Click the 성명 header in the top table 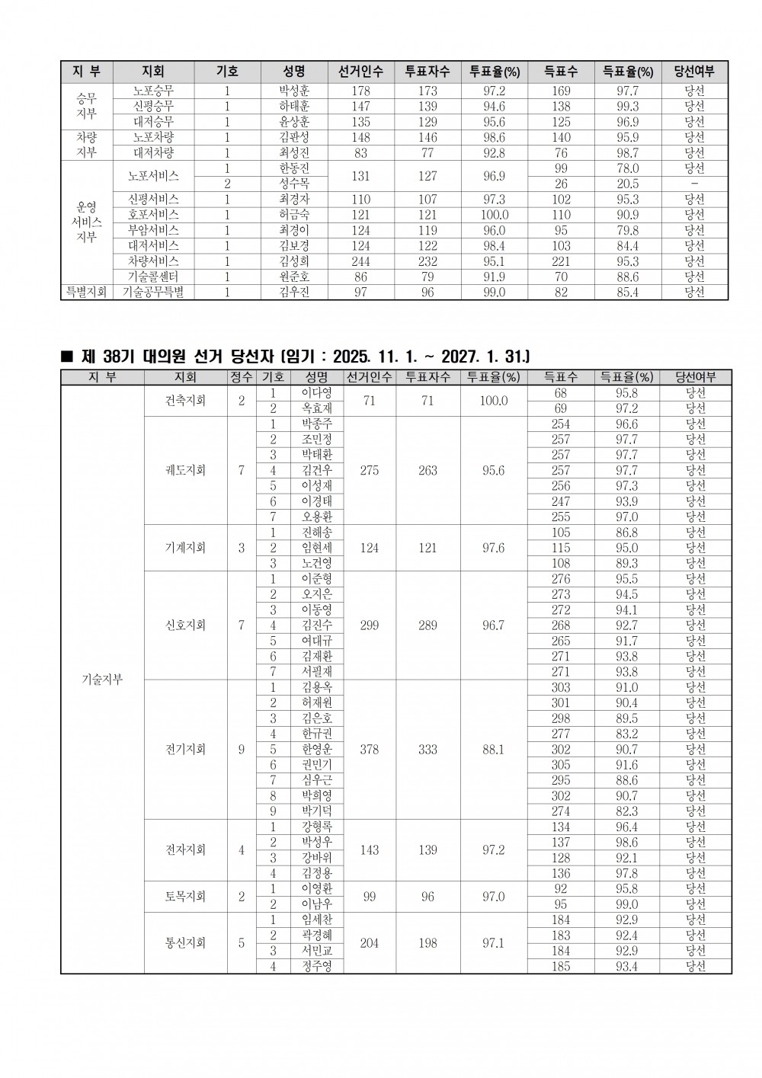tap(294, 72)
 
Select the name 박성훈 tap(294, 91)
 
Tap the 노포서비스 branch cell tap(153, 176)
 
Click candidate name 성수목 tap(294, 184)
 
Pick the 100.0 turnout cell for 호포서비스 tap(495, 215)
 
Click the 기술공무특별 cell tap(153, 293)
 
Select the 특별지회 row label tap(87, 293)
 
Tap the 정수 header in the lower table tap(242, 377)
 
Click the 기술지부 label tap(102, 680)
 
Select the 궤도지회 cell tap(185, 470)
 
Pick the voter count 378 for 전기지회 tap(370, 750)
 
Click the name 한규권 tap(316, 734)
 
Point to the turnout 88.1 tap(494, 750)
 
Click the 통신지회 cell tap(185, 942)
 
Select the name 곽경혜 tap(316, 935)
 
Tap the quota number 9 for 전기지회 tap(242, 750)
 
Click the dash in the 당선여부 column tap(694, 184)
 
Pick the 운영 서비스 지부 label tap(87, 222)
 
